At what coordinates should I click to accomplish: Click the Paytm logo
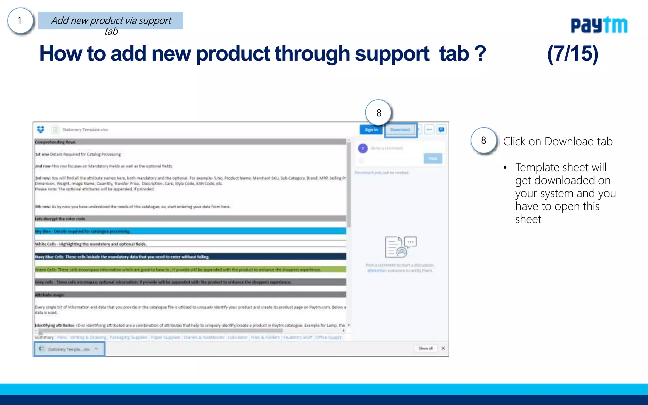(599, 25)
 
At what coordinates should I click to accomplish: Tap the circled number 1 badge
(20, 21)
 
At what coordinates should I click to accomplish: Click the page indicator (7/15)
(573, 54)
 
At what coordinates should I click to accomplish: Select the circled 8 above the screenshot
(379, 113)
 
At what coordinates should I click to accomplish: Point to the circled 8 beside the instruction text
(483, 140)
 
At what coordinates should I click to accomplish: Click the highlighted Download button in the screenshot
(400, 130)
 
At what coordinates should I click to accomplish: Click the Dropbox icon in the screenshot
(41, 129)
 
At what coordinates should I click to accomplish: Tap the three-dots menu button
(429, 130)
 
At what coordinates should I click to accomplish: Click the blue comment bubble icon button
(441, 130)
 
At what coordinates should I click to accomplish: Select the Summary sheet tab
(44, 338)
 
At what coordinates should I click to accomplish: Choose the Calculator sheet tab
(237, 338)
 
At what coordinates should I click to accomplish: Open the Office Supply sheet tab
(329, 338)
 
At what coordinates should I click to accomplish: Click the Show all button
(426, 348)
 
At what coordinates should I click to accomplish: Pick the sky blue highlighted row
(190, 231)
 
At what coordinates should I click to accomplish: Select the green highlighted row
(190, 270)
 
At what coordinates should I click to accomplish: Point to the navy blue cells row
(190, 257)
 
